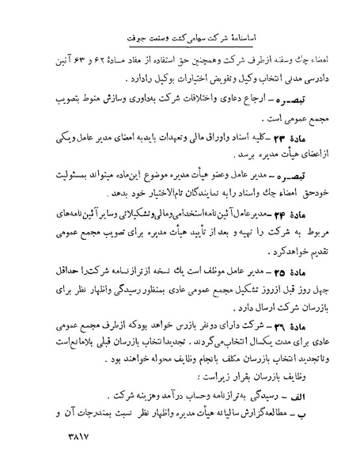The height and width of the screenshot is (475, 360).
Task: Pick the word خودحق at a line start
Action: tap(297, 193)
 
